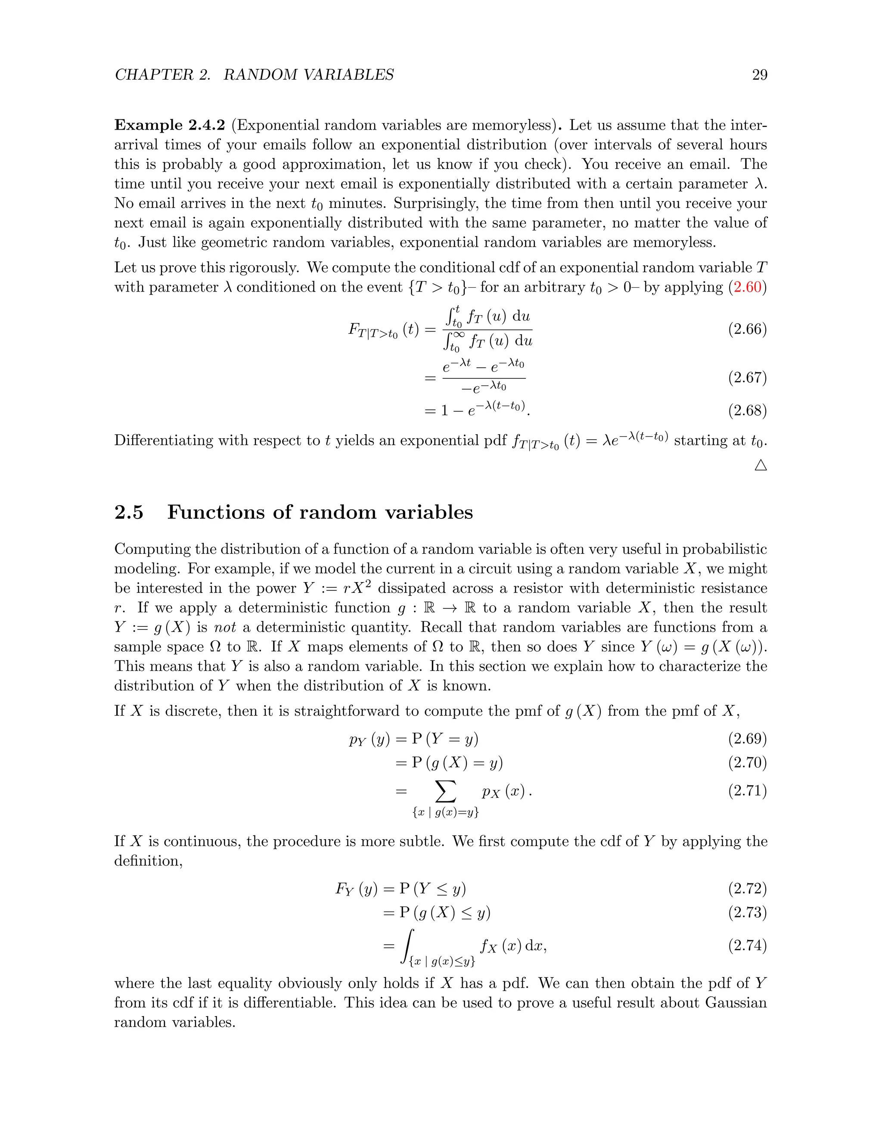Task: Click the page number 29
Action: click(x=759, y=75)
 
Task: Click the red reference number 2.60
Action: click(x=747, y=287)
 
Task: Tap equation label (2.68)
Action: click(x=747, y=411)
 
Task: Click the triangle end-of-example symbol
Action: click(x=761, y=465)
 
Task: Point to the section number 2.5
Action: click(x=128, y=512)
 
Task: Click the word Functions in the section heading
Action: click(x=216, y=512)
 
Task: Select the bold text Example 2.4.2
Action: click(x=169, y=125)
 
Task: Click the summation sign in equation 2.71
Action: click(x=445, y=791)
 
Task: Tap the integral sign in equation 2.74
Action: click(x=407, y=946)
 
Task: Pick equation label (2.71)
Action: click(x=747, y=791)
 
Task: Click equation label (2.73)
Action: click(x=747, y=912)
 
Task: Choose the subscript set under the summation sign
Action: click(x=445, y=812)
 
